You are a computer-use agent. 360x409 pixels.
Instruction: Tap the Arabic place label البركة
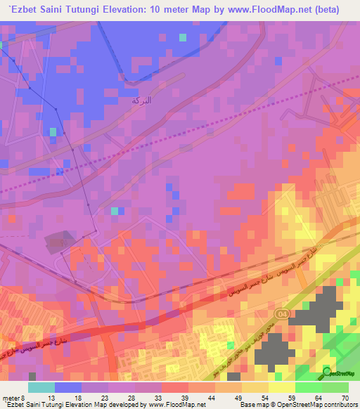141,100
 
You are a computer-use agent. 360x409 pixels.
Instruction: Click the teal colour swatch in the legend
41,387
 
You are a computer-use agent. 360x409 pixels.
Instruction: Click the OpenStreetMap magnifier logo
328,371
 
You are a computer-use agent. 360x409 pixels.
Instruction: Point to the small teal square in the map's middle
115,210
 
